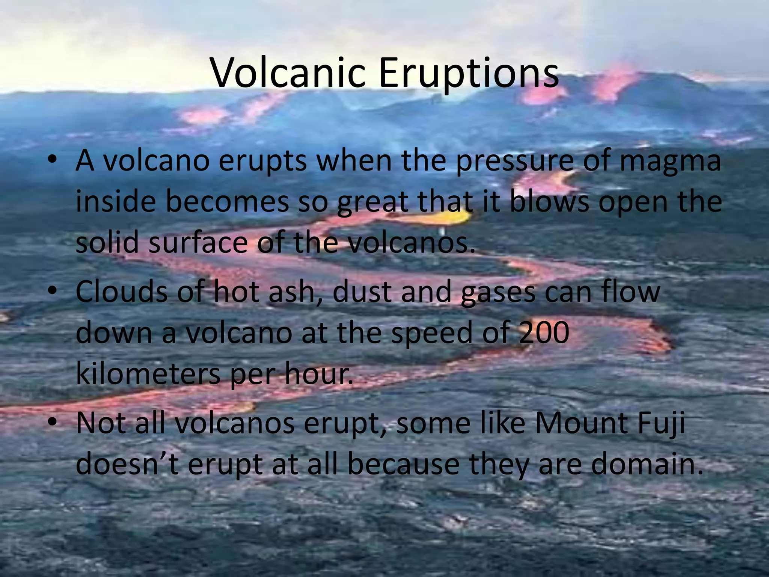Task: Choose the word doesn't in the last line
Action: (128, 464)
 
